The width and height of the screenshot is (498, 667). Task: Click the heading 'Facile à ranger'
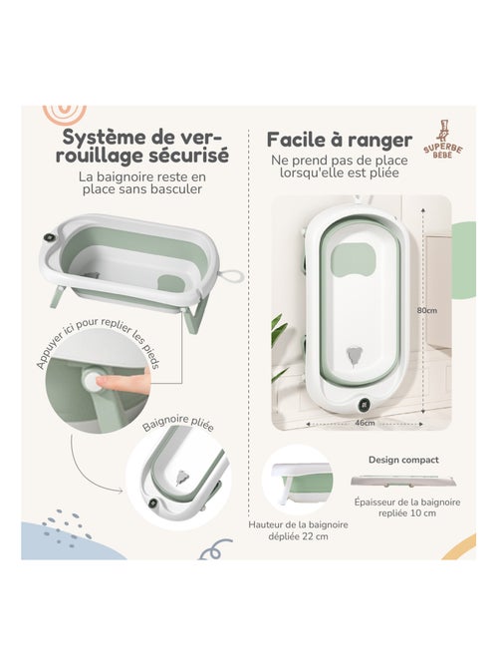[x=340, y=137]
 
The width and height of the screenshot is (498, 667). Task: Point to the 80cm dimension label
[x=426, y=310]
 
